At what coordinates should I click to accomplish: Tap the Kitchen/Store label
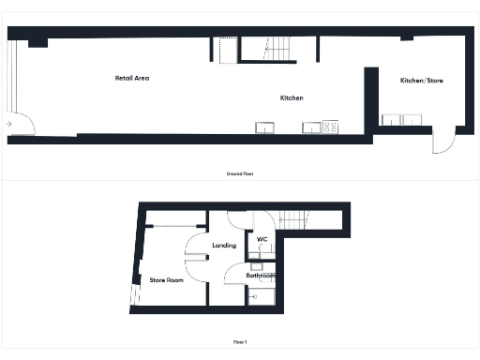[422, 81]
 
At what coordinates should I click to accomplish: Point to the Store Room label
[166, 279]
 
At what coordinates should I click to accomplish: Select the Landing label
[224, 246]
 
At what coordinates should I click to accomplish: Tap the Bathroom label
[260, 276]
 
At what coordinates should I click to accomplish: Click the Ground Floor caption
[240, 174]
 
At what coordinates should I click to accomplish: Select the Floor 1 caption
[240, 342]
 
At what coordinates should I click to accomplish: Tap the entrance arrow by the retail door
[8, 123]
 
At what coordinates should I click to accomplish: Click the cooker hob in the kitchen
[330, 127]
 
